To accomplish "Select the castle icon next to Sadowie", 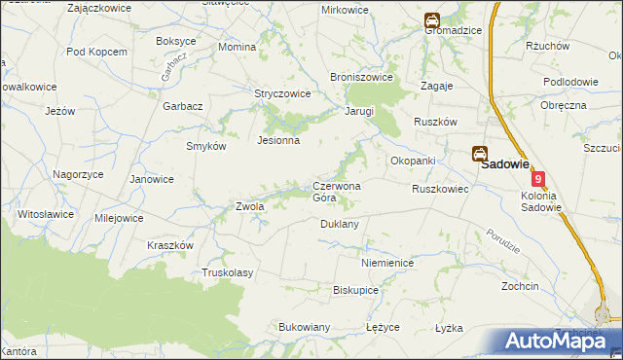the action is pyautogui.click(x=480, y=154).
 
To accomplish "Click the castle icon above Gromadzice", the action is pyautogui.click(x=431, y=18).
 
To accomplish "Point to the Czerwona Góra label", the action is pyautogui.click(x=337, y=192).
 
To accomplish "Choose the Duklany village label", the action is pyautogui.click(x=340, y=224).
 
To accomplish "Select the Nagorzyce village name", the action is pyautogui.click(x=79, y=173).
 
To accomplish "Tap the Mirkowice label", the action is pyautogui.click(x=346, y=10).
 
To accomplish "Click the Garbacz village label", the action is pyautogui.click(x=182, y=105).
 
